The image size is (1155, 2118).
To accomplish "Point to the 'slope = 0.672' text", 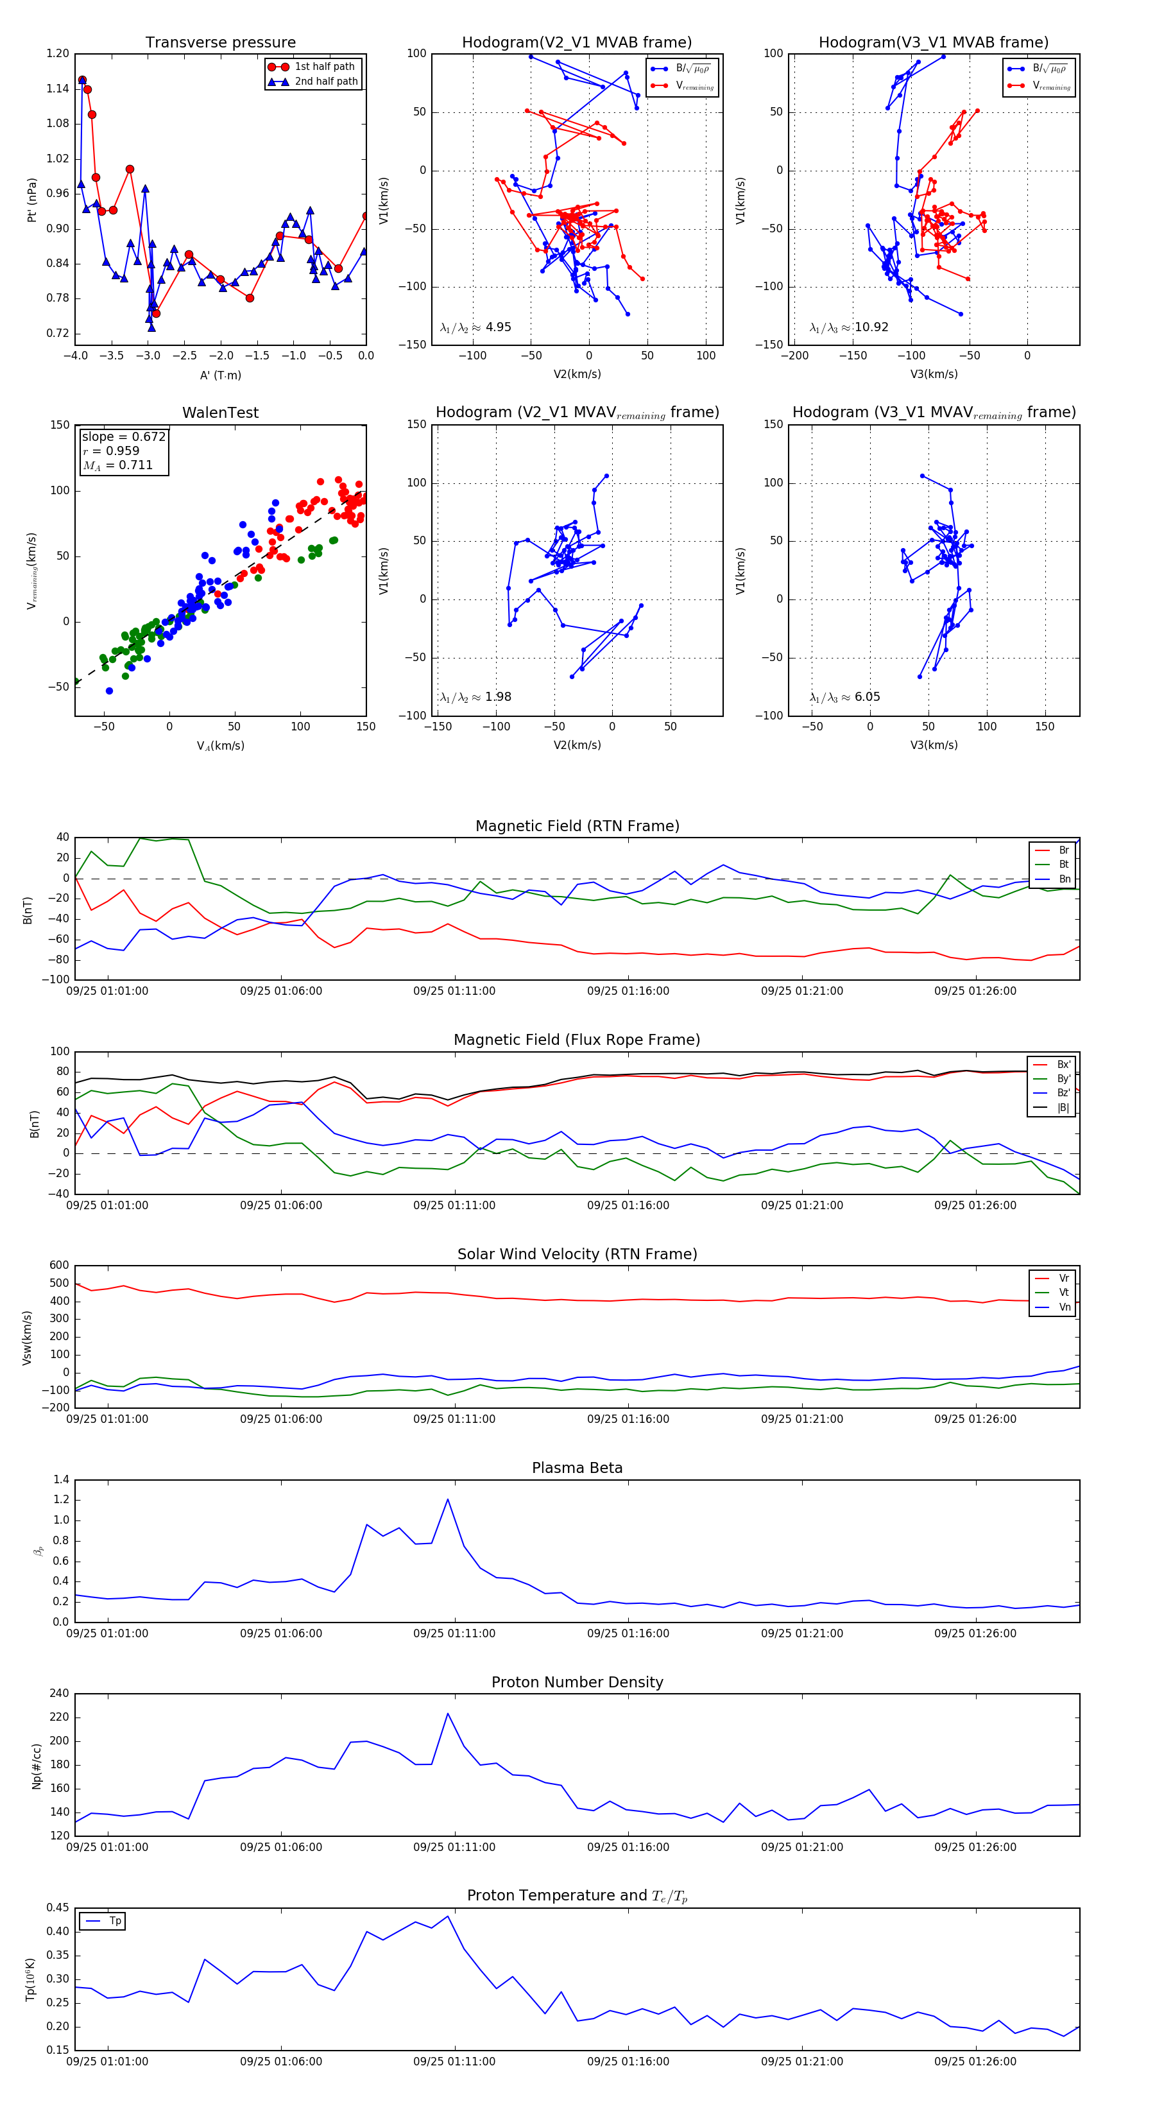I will (x=123, y=436).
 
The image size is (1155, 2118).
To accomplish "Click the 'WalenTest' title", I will (x=220, y=413).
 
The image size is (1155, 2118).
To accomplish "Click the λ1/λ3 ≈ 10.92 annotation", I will (x=848, y=327).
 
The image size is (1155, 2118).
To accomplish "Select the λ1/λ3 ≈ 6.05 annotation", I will (x=844, y=697).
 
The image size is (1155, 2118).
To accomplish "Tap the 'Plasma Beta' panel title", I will (x=577, y=1468).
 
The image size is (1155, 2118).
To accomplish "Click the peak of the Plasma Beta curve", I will (x=448, y=1499).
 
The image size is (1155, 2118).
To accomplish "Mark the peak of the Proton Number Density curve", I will (x=448, y=1714).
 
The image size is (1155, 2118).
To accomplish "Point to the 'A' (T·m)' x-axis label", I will (x=220, y=375).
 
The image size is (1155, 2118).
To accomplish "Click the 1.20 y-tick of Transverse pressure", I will (x=58, y=53).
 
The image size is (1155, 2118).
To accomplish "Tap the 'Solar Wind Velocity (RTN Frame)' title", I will (x=577, y=1254).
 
